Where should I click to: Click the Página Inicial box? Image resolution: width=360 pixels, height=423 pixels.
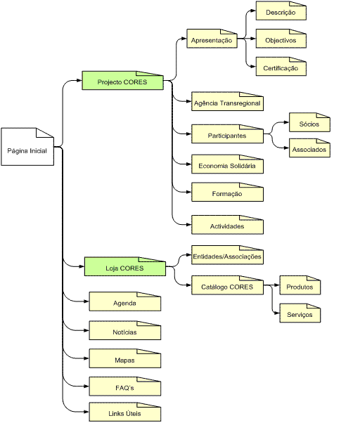27,147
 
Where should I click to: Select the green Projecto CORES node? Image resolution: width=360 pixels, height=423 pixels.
122,80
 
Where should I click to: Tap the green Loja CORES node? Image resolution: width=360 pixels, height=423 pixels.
125,266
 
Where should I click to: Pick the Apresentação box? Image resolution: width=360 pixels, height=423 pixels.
212,39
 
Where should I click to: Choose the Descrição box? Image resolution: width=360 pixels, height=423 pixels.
281,11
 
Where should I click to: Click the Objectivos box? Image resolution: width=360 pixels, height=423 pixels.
281,39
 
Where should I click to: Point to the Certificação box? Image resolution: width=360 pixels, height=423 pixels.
281,66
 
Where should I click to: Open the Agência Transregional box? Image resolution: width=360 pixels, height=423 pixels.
228,101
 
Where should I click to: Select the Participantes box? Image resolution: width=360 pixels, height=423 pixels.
228,134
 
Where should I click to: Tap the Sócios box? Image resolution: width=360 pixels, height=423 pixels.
309,122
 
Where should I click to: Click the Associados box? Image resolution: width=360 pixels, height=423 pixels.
309,148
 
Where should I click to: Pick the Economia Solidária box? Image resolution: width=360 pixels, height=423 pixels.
228,164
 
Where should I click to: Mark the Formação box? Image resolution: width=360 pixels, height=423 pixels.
228,192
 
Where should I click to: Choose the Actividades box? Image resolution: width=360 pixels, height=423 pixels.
228,225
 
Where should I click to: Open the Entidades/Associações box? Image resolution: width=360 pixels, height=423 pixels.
228,255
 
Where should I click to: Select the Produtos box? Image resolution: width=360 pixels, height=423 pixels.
300,285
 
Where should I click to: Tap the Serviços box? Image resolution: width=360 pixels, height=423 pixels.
300,313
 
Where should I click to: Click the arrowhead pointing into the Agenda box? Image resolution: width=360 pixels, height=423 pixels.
86,301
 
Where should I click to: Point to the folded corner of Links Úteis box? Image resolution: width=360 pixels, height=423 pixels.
148,405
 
